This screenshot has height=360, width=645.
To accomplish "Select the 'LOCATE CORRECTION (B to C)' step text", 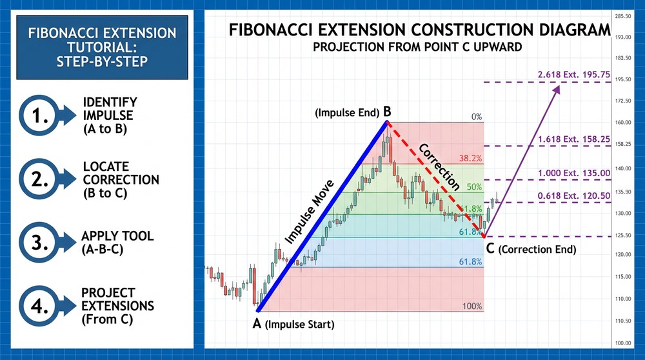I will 121,179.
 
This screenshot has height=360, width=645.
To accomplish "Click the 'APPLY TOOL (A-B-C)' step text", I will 117,242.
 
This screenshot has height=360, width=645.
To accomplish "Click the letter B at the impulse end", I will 386,112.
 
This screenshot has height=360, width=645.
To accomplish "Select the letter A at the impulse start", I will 257,324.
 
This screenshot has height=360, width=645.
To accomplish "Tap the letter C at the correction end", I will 491,248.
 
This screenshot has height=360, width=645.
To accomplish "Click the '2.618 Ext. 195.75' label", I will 573,75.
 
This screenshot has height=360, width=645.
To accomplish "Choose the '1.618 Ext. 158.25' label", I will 573,139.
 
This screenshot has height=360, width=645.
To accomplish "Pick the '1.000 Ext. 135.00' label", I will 573,173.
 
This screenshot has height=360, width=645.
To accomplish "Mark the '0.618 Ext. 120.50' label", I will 573,195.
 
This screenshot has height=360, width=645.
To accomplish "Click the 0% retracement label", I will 476,117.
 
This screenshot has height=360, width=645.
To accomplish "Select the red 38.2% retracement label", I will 471,158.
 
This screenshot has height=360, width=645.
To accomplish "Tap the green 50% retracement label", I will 474,186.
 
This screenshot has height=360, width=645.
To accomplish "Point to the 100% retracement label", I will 472,306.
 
